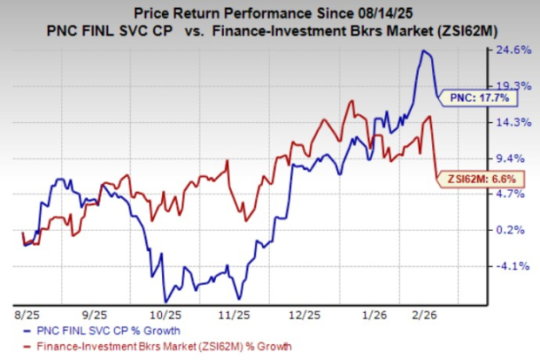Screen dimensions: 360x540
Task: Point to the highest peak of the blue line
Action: click(x=424, y=51)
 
